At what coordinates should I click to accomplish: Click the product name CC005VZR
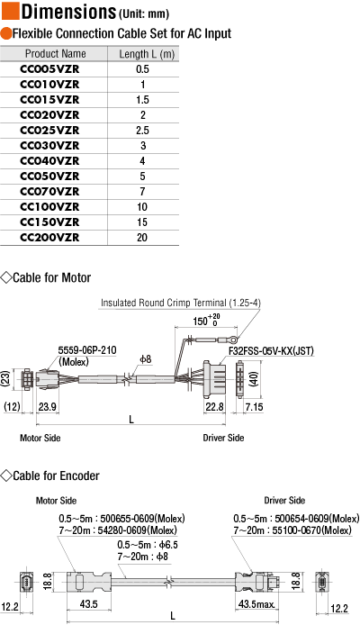click(x=49, y=69)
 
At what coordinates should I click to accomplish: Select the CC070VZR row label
click(x=49, y=192)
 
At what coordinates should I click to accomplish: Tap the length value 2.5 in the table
click(x=142, y=131)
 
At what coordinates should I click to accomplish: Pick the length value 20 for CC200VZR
click(x=142, y=238)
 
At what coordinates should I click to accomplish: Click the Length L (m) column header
click(x=147, y=54)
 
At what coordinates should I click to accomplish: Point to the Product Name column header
click(x=56, y=54)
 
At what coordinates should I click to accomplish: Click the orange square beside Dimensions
click(x=11, y=11)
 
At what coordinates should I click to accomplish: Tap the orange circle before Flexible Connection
click(x=6, y=33)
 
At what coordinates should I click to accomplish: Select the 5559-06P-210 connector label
click(x=87, y=350)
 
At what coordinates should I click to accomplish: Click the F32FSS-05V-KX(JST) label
click(x=271, y=350)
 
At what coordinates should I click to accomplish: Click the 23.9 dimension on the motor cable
click(x=47, y=407)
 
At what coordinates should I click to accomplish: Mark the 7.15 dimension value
click(x=254, y=407)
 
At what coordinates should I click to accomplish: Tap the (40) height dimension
click(x=254, y=378)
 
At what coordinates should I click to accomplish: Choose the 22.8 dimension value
click(x=214, y=407)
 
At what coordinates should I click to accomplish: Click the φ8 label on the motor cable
click(x=146, y=359)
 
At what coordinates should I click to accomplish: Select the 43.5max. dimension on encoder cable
click(x=256, y=604)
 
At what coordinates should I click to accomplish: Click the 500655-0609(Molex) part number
click(x=142, y=519)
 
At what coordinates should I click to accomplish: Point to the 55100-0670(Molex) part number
click(x=309, y=530)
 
